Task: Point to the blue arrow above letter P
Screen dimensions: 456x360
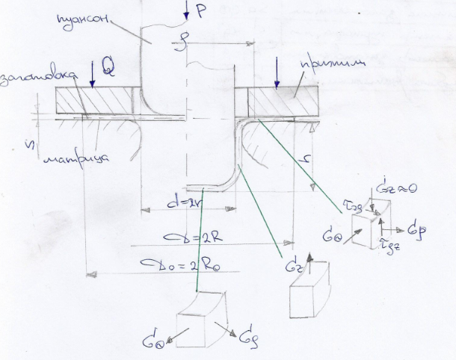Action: [184, 9]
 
